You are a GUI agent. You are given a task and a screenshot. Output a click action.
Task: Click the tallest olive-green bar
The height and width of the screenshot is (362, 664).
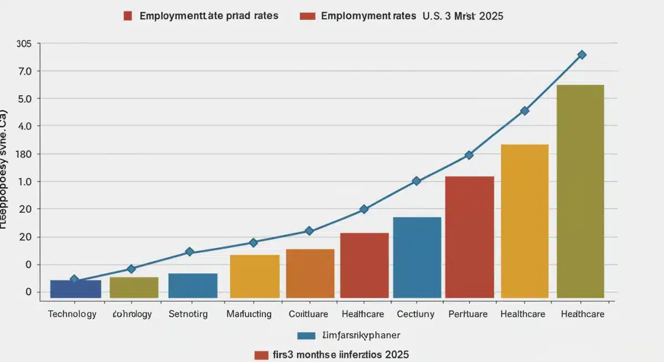click(x=580, y=191)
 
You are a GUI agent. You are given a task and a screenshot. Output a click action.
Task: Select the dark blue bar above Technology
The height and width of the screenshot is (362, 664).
click(x=75, y=289)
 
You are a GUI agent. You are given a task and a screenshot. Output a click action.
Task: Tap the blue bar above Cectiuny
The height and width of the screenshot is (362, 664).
click(x=417, y=257)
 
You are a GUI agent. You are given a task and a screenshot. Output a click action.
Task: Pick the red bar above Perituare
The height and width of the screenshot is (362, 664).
click(x=469, y=237)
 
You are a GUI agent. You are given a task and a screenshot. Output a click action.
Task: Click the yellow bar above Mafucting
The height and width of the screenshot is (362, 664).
click(x=255, y=276)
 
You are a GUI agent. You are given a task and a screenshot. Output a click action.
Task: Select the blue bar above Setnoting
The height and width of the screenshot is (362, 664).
click(x=193, y=286)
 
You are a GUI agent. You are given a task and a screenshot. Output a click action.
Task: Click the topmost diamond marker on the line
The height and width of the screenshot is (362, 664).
click(x=582, y=55)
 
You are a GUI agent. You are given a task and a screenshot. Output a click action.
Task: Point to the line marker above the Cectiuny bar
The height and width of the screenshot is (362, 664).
click(x=417, y=181)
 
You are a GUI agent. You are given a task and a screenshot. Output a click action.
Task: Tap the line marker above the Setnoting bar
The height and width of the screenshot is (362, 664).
click(x=189, y=252)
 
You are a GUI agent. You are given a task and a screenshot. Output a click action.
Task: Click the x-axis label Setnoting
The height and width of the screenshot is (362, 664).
click(x=188, y=314)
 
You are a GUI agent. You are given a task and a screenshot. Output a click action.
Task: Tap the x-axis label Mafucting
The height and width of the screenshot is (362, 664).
click(x=249, y=314)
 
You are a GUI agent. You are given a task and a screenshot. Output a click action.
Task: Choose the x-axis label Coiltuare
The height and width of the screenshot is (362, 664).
click(x=308, y=314)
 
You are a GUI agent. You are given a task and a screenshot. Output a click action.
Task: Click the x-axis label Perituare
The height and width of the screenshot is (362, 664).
click(x=468, y=314)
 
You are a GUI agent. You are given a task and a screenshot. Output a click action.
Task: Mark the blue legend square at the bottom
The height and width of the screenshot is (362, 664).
click(x=306, y=335)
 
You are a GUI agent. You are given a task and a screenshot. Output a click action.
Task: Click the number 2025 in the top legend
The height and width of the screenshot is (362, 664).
click(x=491, y=16)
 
